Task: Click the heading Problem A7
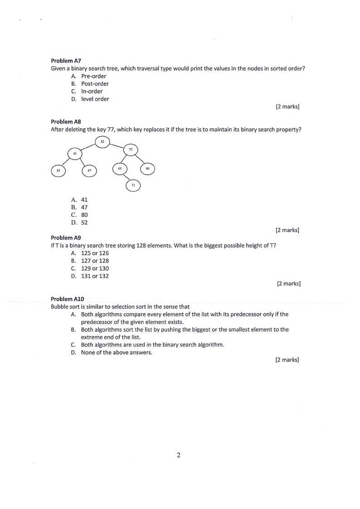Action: point(66,60)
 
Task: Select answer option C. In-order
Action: point(92,91)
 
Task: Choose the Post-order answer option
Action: point(95,83)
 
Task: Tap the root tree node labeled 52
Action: point(102,142)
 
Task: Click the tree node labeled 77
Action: point(131,150)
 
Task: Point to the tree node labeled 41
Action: point(75,154)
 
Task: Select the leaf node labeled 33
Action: point(58,170)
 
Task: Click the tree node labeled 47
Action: point(89,170)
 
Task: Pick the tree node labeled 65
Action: point(120,169)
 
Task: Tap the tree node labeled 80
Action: point(147,169)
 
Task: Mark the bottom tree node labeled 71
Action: point(133,185)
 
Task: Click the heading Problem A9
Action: point(66,238)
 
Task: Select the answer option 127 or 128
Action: point(95,261)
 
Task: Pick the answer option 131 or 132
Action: point(95,276)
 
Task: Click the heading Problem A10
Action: point(68,299)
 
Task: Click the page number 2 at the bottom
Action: point(179,455)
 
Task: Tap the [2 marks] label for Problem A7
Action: point(287,107)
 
